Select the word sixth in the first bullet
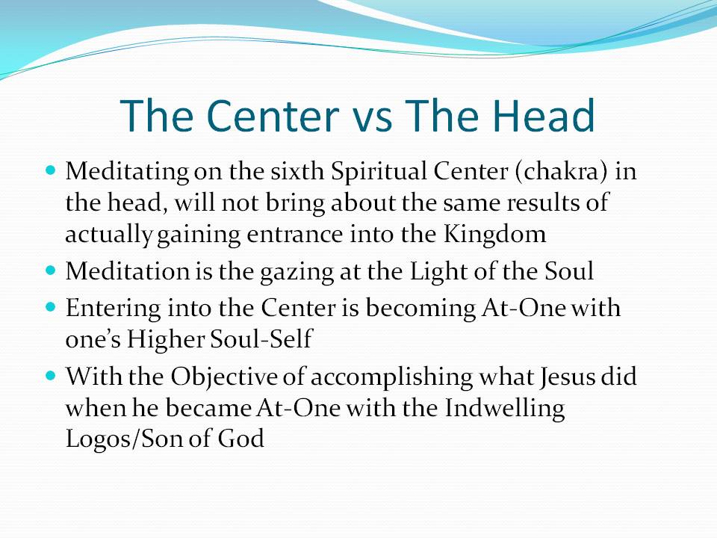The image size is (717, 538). pos(297,171)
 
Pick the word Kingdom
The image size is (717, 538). pos(494,234)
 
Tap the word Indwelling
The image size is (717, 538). pos(505,409)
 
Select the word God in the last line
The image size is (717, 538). pos(240,439)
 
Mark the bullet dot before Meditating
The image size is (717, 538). pos(51,170)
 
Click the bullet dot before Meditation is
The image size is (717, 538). pos(51,270)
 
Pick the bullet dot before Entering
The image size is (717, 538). pos(51,307)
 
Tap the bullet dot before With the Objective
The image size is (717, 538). pos(51,376)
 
